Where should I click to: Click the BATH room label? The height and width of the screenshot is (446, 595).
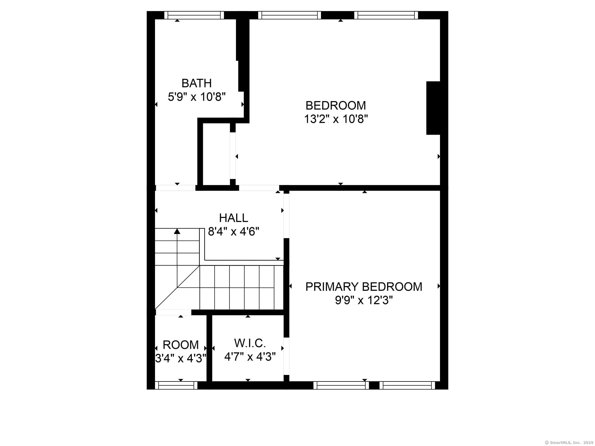click(196, 83)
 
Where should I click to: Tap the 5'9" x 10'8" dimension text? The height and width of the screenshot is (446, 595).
click(196, 97)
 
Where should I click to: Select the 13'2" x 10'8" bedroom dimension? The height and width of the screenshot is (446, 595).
click(336, 119)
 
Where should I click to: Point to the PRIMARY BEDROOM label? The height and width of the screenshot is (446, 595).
click(364, 287)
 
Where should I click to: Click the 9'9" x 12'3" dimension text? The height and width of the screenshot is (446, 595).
click(364, 300)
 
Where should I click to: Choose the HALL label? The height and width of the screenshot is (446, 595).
click(234, 218)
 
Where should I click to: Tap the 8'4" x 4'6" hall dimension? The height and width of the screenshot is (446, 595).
click(234, 231)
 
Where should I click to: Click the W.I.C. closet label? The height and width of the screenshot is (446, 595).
click(250, 343)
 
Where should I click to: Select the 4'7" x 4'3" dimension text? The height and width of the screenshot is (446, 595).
click(250, 357)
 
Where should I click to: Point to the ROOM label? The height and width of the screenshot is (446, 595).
click(181, 345)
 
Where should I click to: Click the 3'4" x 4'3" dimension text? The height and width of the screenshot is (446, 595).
click(181, 359)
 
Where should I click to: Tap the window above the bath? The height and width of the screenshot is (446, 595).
click(194, 15)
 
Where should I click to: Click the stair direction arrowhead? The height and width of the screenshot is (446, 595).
click(177, 231)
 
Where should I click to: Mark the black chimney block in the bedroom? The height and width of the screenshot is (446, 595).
click(433, 108)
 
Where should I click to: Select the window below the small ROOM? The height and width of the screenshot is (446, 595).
click(176, 385)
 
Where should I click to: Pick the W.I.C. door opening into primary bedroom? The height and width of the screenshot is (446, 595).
click(286, 356)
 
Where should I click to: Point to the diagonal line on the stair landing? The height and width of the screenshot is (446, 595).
click(177, 288)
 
